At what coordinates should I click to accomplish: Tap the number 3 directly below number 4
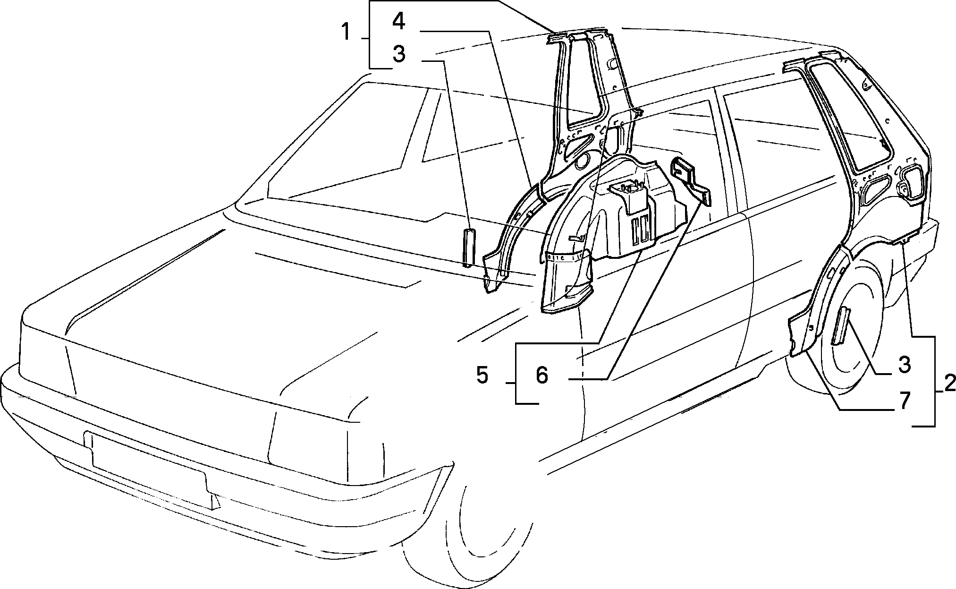[x=399, y=54]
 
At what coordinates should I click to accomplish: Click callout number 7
[x=904, y=401]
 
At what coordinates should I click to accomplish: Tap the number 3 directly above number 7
[x=904, y=365]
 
